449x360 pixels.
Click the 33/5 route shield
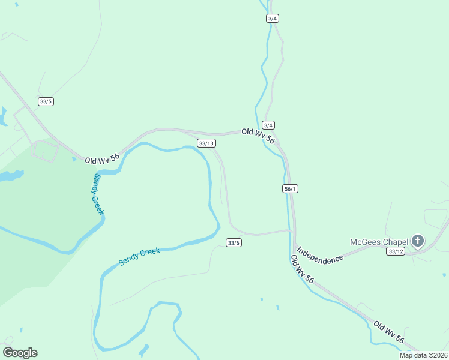click(46, 101)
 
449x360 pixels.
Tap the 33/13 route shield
click(206, 143)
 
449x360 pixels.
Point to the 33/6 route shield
click(234, 242)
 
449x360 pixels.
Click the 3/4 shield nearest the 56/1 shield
click(268, 125)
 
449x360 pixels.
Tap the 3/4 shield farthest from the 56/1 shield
click(273, 19)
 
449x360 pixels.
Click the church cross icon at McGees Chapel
click(418, 242)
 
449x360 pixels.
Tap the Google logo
click(20, 353)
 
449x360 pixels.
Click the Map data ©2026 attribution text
click(424, 355)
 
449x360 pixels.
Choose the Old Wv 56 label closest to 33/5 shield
click(102, 159)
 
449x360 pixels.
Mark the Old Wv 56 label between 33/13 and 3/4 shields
click(258, 136)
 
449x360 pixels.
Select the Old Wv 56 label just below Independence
click(302, 269)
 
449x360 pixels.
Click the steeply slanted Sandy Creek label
click(98, 193)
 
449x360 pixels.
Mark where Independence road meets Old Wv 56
click(295, 246)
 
